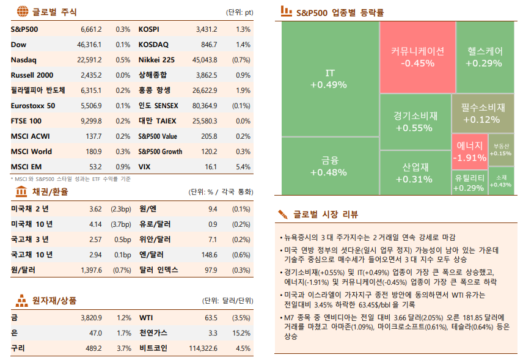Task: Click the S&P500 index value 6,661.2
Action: pos(90,29)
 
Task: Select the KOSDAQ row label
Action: pos(153,45)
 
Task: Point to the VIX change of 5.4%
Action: pos(243,167)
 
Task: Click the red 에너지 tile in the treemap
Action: pos(470,152)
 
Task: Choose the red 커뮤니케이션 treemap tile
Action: pos(417,57)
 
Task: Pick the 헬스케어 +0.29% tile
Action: pos(484,57)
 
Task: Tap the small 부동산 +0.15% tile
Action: pos(500,150)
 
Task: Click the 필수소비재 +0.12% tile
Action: pos(483,113)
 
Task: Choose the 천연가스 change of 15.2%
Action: pos(242,333)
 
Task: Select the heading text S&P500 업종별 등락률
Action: pos(340,12)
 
